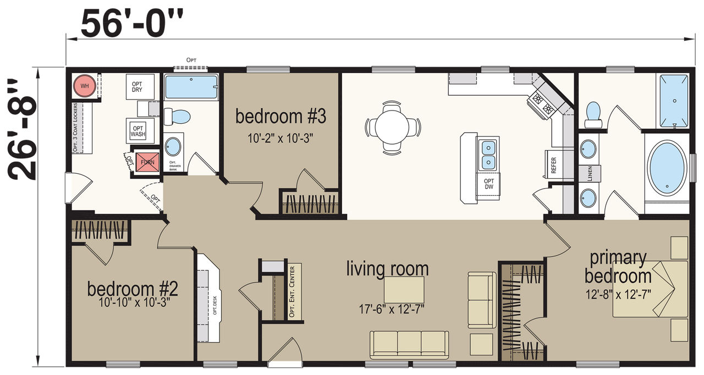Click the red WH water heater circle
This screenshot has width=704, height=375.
[x=84, y=86]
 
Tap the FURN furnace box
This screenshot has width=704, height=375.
[x=147, y=162]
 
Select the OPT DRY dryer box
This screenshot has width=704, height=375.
[x=140, y=87]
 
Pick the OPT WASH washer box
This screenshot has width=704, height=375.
[x=140, y=131]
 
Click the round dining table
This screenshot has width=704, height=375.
[x=392, y=127]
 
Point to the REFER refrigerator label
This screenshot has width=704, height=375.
[x=554, y=165]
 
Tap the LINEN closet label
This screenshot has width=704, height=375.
[x=590, y=174]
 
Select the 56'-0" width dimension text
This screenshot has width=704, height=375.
[x=131, y=24]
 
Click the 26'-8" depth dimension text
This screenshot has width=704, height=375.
[x=22, y=129]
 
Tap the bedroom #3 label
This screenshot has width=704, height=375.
[x=280, y=116]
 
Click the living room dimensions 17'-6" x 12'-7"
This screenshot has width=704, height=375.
[x=392, y=309]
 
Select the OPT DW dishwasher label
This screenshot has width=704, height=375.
[x=489, y=184]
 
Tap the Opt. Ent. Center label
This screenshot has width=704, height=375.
[x=292, y=291]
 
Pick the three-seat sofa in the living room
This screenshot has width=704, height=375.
[x=409, y=345]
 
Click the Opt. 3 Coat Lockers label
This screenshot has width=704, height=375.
[x=75, y=128]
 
